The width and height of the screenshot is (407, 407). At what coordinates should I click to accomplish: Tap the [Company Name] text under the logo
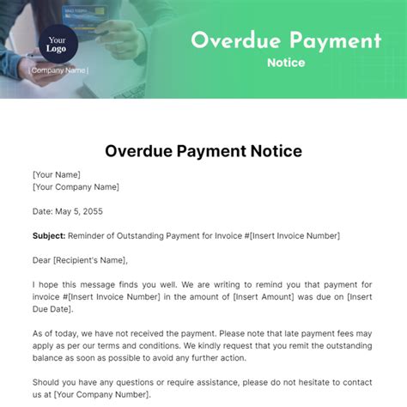[58, 71]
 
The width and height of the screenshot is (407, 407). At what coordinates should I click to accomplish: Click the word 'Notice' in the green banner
[285, 64]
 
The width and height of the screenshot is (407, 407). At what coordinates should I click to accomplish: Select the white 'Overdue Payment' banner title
[285, 39]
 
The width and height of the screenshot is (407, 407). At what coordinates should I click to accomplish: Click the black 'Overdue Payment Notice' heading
[203, 151]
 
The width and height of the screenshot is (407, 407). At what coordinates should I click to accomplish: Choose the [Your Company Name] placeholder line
[76, 186]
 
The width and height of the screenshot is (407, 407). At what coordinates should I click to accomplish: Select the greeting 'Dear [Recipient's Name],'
[79, 260]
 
